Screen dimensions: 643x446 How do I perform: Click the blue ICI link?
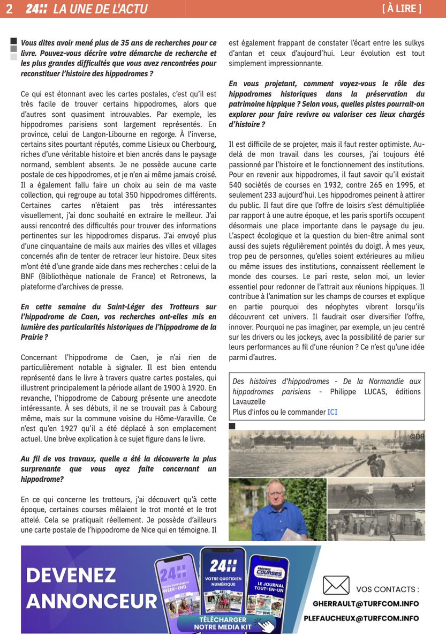(332, 412)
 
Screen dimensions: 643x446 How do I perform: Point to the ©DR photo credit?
(417, 437)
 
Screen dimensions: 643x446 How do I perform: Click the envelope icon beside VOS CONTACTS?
(336, 585)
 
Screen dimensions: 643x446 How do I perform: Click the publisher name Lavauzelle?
(249, 401)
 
